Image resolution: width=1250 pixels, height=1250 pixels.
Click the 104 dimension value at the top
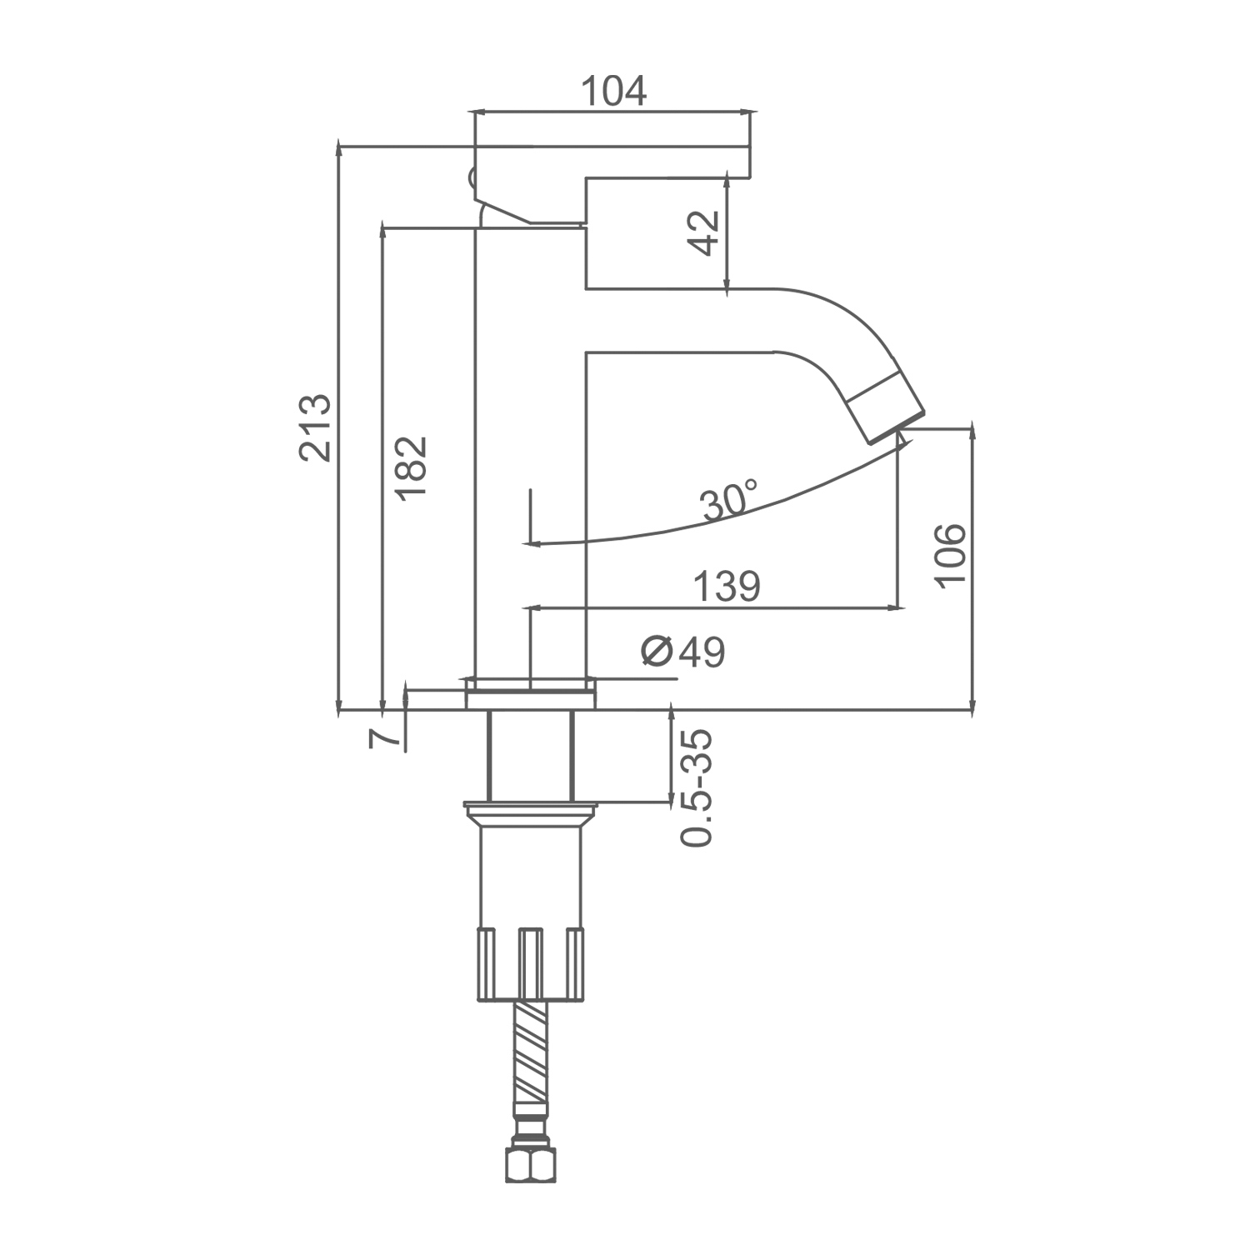point(613,91)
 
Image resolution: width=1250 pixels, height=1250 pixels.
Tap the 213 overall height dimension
point(317,427)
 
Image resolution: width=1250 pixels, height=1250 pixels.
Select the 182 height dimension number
point(411,467)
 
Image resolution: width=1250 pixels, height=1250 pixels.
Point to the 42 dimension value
point(705,233)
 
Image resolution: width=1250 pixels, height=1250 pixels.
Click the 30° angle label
point(728,500)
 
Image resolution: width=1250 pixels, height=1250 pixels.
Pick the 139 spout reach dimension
point(727,587)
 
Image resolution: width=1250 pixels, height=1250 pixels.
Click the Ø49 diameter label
point(683,652)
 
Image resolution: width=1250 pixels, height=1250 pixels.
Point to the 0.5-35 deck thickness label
point(697,788)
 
